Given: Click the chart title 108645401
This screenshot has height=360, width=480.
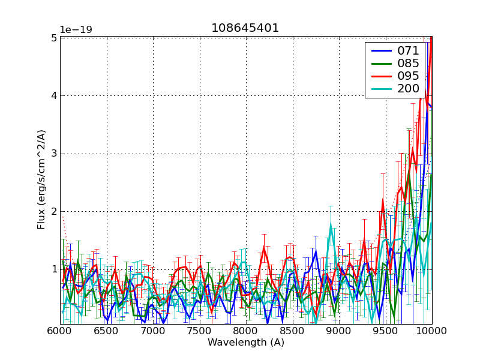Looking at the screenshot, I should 245,28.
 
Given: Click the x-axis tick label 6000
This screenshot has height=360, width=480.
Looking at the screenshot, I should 60,331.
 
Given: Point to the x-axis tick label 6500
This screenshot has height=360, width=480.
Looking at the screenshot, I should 107,331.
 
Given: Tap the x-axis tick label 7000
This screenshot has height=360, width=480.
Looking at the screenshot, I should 153,331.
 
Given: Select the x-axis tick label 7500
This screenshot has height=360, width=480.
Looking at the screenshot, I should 200,331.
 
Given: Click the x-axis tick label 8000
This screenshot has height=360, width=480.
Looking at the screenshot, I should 246,331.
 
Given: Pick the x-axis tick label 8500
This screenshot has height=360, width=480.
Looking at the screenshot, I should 293,331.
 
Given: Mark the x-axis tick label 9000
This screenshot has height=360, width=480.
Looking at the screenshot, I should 339,331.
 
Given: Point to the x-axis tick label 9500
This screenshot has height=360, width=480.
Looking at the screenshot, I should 386,331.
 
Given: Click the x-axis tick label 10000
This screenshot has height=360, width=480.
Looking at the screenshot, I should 431,331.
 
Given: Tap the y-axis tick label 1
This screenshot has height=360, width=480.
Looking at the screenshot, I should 53,269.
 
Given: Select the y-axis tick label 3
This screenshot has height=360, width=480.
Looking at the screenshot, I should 53,154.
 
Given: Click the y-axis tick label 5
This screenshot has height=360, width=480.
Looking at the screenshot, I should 53,38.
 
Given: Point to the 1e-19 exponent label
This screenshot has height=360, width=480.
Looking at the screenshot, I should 76,29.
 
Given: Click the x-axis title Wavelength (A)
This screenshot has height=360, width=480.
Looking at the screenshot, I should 246,343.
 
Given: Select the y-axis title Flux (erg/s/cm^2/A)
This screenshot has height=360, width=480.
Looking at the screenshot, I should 41,180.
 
